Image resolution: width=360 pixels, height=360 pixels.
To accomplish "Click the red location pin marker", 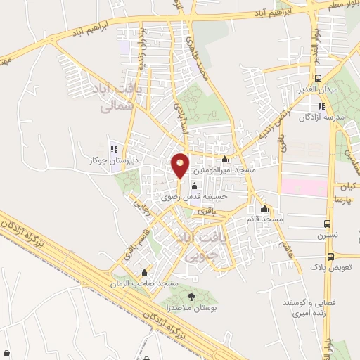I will pyautogui.click(x=181, y=165).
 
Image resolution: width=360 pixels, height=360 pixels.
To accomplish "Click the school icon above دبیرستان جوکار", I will pyautogui.click(x=115, y=148).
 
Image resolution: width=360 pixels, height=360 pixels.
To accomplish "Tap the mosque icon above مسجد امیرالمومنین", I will pyautogui.click(x=224, y=160).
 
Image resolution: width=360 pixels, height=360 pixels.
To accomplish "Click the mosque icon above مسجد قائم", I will pyautogui.click(x=265, y=209).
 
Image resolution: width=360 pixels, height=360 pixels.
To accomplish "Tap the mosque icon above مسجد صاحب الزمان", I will pyautogui.click(x=145, y=273).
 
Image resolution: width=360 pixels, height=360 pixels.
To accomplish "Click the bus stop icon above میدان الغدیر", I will pyautogui.click(x=318, y=79).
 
